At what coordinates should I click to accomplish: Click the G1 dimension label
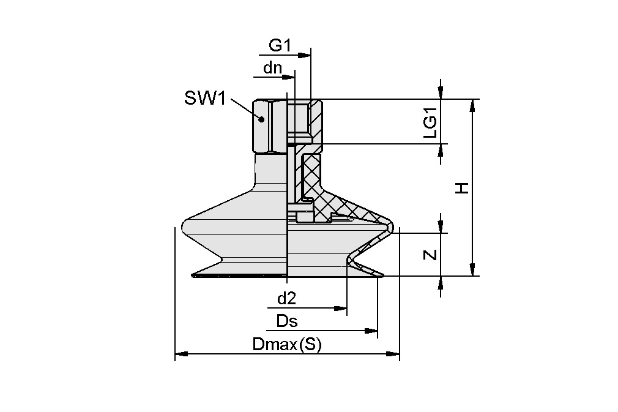pyautogui.click(x=281, y=45)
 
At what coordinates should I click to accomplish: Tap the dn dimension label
pyautogui.click(x=272, y=68)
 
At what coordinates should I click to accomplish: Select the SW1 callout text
pyautogui.click(x=206, y=98)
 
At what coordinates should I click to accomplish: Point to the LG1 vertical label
pyautogui.click(x=431, y=121)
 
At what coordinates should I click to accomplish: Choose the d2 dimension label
pyautogui.click(x=286, y=299)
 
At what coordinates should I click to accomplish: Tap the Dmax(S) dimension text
pyautogui.click(x=286, y=345)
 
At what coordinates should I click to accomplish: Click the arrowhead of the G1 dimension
pyautogui.click(x=306, y=55)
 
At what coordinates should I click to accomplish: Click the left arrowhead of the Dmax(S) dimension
pyautogui.click(x=180, y=353)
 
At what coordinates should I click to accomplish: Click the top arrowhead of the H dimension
pyautogui.click(x=472, y=105)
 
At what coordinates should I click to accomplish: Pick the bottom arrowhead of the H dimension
pyautogui.click(x=472, y=270)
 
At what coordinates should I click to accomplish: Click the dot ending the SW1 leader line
pyautogui.click(x=261, y=119)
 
